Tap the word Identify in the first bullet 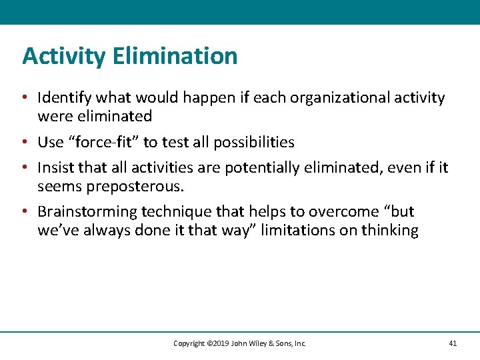click(x=65, y=99)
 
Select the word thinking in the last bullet click(x=389, y=231)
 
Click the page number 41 click(x=453, y=343)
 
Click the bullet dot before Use click(x=25, y=142)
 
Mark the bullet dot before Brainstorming click(x=25, y=212)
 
